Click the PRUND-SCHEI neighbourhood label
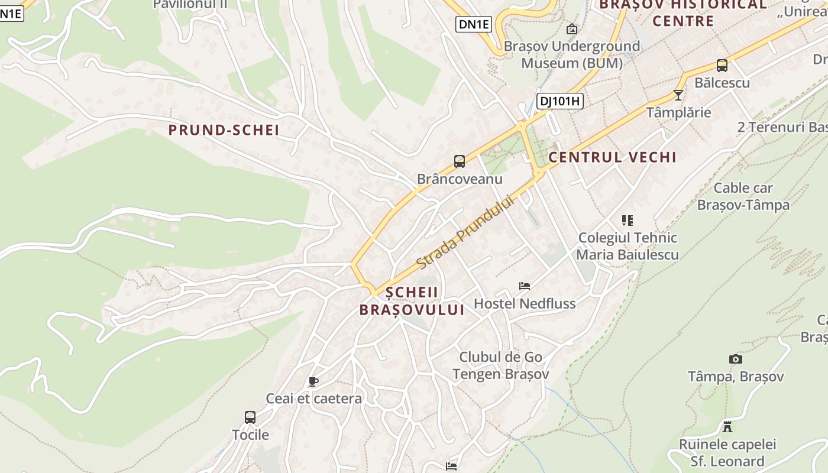[x=224, y=130]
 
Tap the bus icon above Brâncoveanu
[x=460, y=161]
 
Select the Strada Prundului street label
[x=465, y=232]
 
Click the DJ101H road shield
[x=559, y=101]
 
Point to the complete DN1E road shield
[x=474, y=24]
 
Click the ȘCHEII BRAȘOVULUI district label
[x=412, y=301]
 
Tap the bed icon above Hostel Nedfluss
[x=525, y=286]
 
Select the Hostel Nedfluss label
[x=525, y=304]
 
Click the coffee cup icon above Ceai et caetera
[x=313, y=382]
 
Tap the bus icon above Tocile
[x=250, y=417]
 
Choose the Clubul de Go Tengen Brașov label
[x=501, y=365]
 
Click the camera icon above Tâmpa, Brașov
[x=735, y=359]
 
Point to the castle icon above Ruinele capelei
[x=727, y=426]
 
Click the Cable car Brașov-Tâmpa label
[x=743, y=196]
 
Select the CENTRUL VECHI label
[x=612, y=157]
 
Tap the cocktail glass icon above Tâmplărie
[x=678, y=95]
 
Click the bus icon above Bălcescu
[x=722, y=66]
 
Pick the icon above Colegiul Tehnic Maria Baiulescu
[x=628, y=221]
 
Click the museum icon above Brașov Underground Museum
[x=572, y=29]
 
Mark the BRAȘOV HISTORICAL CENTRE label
[x=683, y=13]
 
